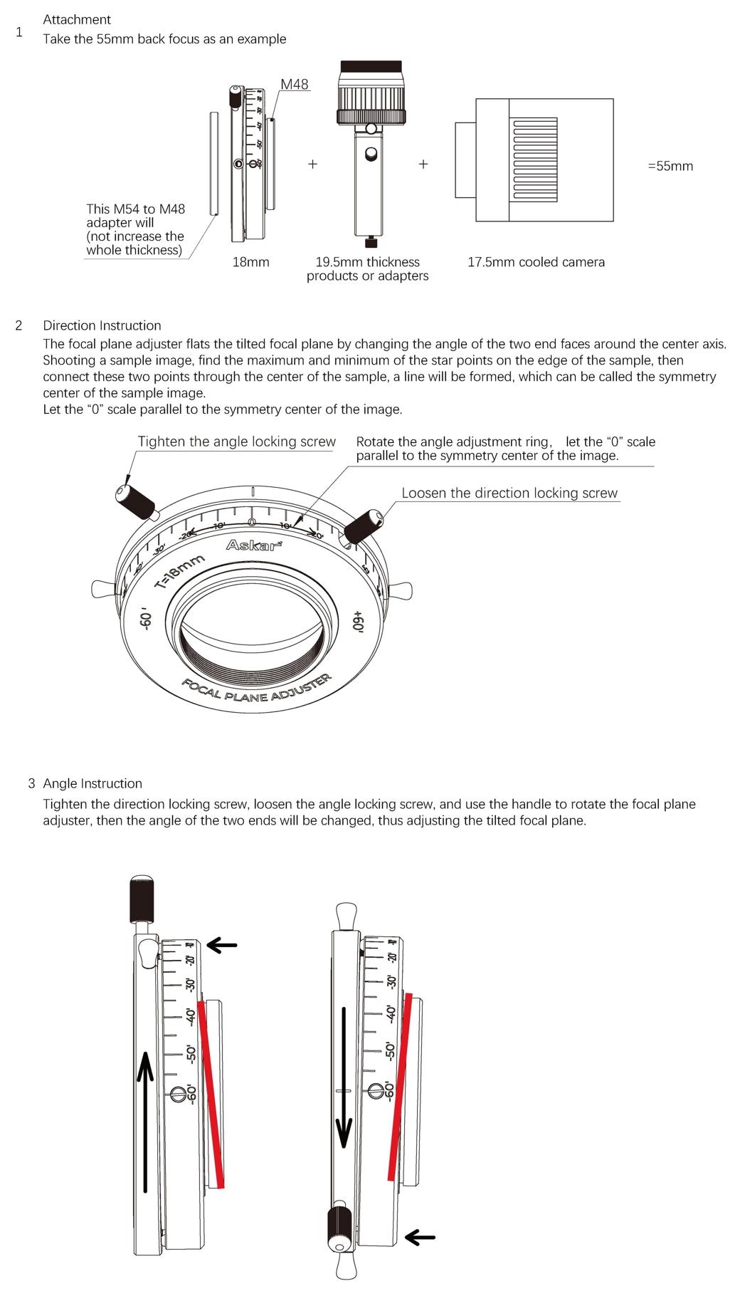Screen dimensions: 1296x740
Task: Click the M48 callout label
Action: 294,84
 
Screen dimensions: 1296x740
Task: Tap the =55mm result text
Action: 670,166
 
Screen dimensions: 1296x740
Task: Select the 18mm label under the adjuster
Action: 250,262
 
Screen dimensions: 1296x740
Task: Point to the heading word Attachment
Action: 77,19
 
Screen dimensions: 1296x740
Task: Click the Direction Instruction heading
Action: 102,325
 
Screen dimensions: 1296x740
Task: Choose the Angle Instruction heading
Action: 92,783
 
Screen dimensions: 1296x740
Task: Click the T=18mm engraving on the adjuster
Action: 179,572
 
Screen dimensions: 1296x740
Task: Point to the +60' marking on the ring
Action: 358,620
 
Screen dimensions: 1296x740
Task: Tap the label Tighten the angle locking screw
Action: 236,441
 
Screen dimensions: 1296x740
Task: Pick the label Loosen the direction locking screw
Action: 509,493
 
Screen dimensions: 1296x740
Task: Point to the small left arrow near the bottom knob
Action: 420,1238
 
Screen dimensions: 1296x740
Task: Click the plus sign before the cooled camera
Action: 423,164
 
